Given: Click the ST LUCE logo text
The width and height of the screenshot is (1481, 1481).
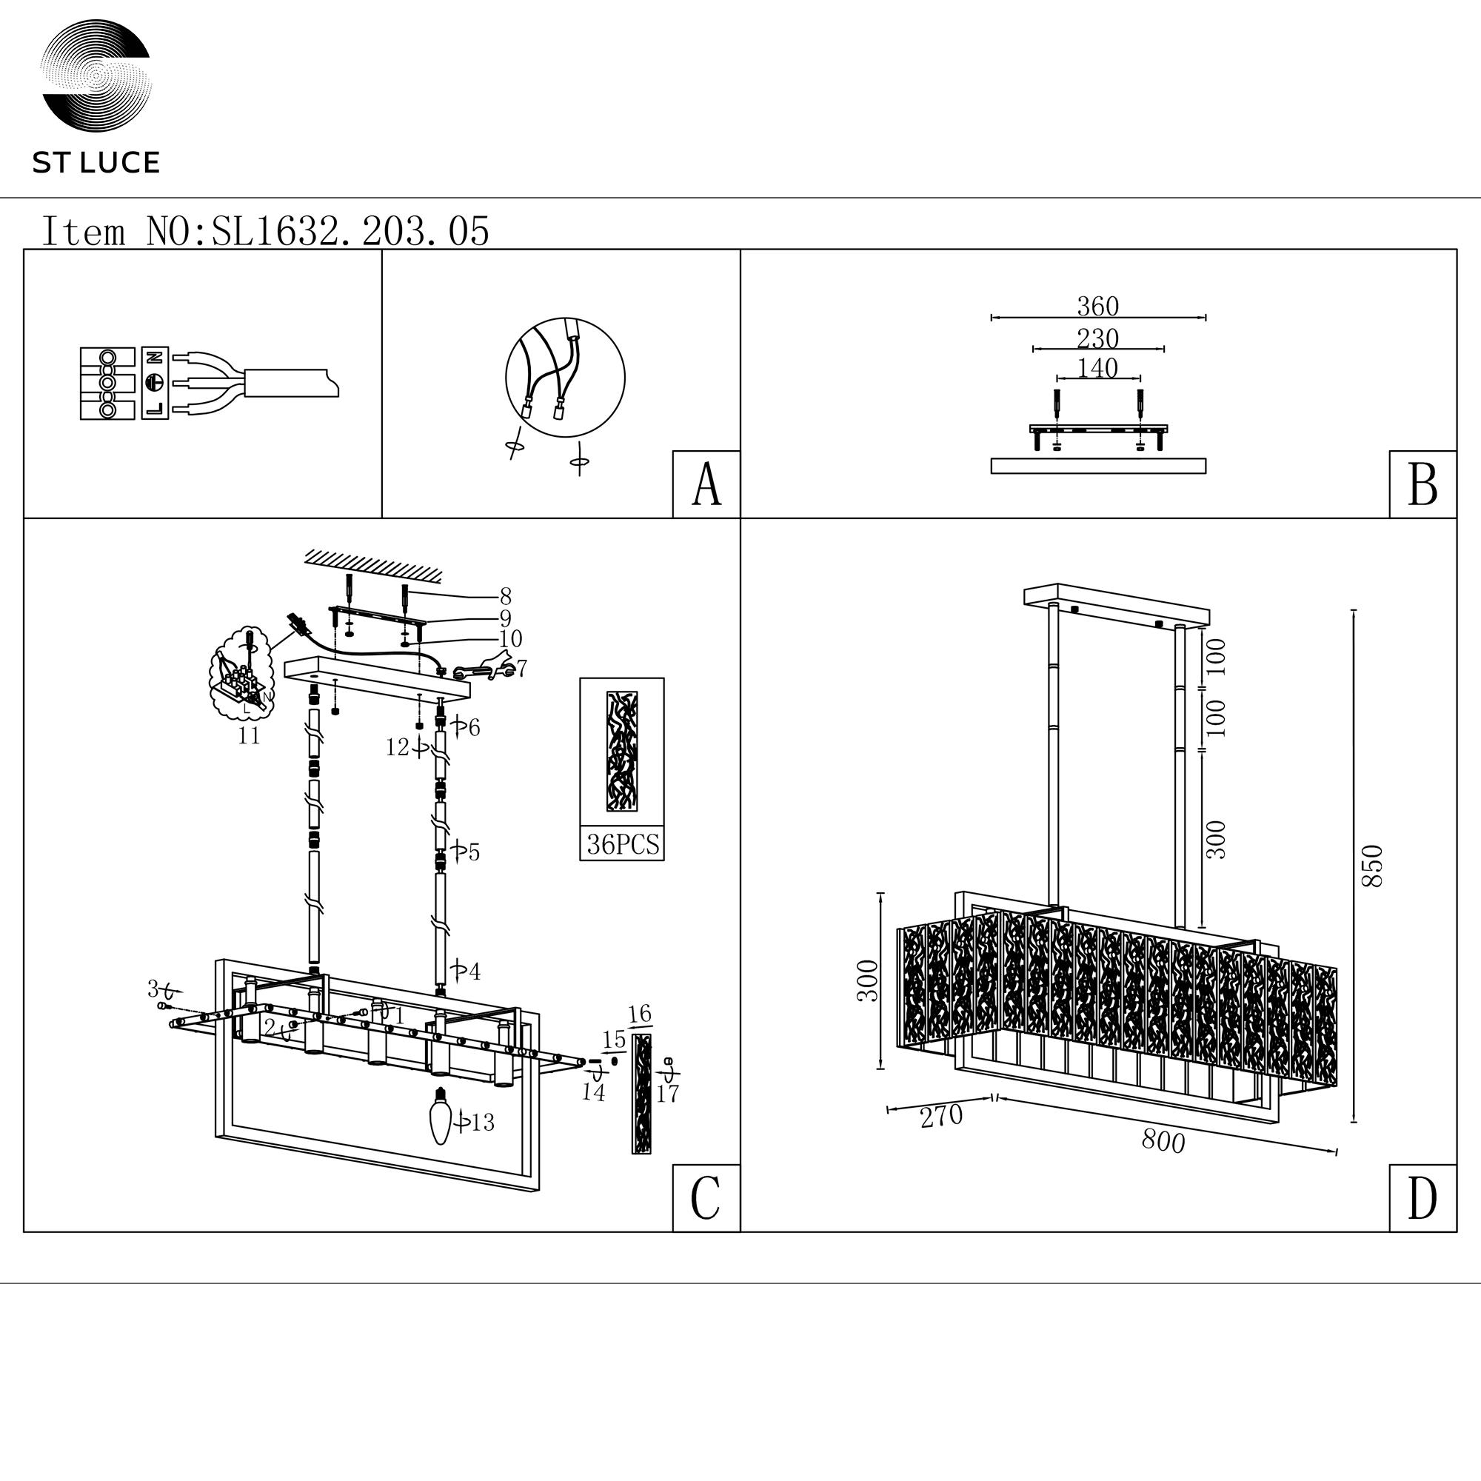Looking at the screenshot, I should pyautogui.click(x=96, y=163).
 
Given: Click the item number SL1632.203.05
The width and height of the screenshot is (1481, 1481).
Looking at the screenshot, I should pyautogui.click(x=350, y=232).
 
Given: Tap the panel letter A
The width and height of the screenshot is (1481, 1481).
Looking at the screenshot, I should pyautogui.click(x=706, y=484).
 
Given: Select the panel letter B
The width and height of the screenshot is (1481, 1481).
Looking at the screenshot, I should pyautogui.click(x=1423, y=484).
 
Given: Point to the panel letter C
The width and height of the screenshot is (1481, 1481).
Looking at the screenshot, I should pyautogui.click(x=705, y=1197).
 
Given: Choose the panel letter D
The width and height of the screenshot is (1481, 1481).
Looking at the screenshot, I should pyautogui.click(x=1422, y=1197).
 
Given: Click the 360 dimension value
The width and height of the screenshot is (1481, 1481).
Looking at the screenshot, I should pyautogui.click(x=1097, y=307).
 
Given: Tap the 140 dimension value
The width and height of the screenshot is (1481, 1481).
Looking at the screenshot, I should pyautogui.click(x=1097, y=369).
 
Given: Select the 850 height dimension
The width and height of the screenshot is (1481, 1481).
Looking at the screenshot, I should pyautogui.click(x=1371, y=866).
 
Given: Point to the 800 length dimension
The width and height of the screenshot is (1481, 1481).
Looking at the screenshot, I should pyautogui.click(x=1163, y=1141).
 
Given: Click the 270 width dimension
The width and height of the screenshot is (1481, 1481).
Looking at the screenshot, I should pyautogui.click(x=941, y=1116).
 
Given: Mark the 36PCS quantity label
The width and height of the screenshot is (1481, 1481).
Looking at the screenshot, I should pyautogui.click(x=623, y=844).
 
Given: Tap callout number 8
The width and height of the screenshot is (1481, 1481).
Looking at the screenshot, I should pyautogui.click(x=505, y=595).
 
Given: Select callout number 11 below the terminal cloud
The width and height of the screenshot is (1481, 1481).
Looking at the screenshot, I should pyautogui.click(x=249, y=736).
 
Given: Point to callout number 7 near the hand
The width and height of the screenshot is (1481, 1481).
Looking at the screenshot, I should pyautogui.click(x=522, y=669).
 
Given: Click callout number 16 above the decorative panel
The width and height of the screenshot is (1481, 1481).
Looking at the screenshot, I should pyautogui.click(x=639, y=1014).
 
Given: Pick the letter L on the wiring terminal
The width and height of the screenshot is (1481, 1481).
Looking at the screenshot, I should pyautogui.click(x=155, y=409).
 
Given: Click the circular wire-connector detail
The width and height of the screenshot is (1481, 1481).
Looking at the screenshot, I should pyautogui.click(x=565, y=377).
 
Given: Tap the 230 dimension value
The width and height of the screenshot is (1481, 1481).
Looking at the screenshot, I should pyautogui.click(x=1097, y=338).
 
